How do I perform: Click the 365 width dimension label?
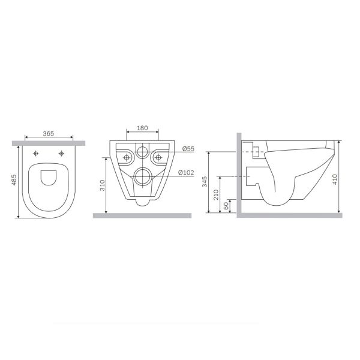coord(49,133)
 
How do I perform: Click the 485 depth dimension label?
coord(14,180)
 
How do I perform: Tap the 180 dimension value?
coord(142,128)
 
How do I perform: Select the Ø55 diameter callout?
coord(188,149)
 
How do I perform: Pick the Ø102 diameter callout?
coord(186,172)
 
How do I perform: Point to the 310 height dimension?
coord(103,185)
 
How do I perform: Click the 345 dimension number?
coord(205,182)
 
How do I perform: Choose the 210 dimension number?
coord(216,194)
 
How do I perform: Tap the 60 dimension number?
coord(226,205)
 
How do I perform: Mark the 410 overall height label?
coord(335,179)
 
